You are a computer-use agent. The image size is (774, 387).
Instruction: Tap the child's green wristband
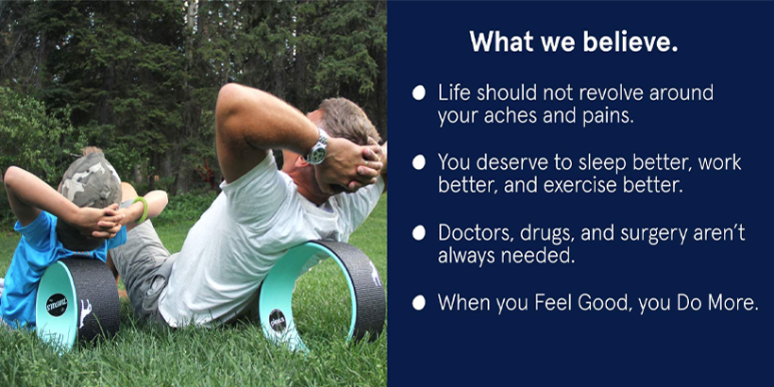142,210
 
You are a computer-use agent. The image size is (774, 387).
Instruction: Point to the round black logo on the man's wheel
278,320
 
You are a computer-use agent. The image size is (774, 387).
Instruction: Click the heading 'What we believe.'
574,42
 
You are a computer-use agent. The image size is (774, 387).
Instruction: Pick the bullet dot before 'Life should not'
418,93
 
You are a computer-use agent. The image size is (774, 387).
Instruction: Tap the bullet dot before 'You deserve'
418,162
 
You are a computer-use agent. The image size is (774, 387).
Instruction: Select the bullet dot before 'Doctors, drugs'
418,232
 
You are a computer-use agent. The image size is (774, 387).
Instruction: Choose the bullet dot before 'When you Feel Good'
418,303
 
